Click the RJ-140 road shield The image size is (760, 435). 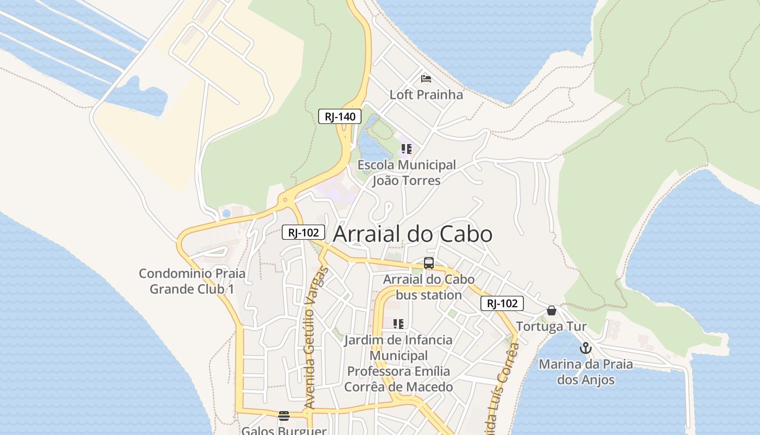click(x=340, y=116)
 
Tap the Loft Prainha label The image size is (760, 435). click(x=426, y=95)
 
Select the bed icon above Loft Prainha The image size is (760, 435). click(x=426, y=79)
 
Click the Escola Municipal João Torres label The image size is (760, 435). click(x=406, y=172)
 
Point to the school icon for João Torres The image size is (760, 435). click(x=406, y=148)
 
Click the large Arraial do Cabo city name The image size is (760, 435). click(x=413, y=234)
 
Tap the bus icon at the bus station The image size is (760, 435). click(x=429, y=263)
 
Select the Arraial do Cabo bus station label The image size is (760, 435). click(x=429, y=287)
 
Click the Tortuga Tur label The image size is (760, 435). click(x=551, y=326)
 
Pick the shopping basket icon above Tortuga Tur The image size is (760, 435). click(x=552, y=310)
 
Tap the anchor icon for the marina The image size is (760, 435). click(x=585, y=348)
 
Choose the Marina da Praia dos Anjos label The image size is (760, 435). click(x=586, y=372)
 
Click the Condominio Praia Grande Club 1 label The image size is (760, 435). click(x=192, y=281)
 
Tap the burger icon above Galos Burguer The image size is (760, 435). click(x=284, y=416)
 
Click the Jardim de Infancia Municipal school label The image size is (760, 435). click(x=398, y=363)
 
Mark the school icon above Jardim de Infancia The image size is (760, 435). click(x=398, y=324)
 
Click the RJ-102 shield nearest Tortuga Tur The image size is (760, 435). click(x=502, y=303)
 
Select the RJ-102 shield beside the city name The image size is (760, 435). click(x=303, y=233)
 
